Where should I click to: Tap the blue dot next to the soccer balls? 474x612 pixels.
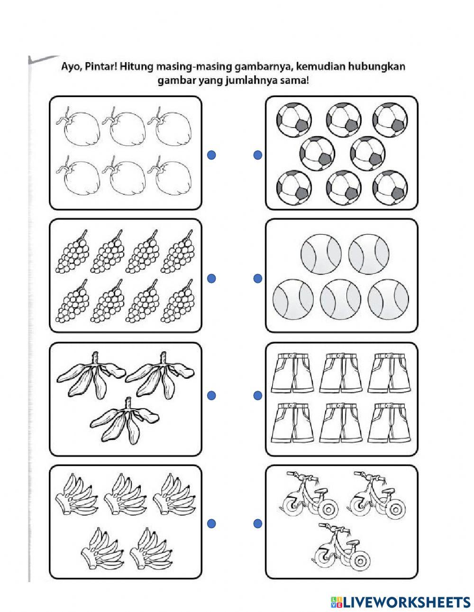coord(257,155)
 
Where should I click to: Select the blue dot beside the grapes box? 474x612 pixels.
coord(211,279)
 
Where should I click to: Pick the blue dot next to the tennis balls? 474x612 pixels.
coord(257,279)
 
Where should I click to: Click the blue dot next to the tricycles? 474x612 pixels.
coord(257,523)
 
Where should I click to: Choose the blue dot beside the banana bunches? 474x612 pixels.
coord(211,523)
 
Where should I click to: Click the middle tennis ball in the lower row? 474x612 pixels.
coord(340,301)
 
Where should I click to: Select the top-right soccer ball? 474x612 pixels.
coord(391,119)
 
